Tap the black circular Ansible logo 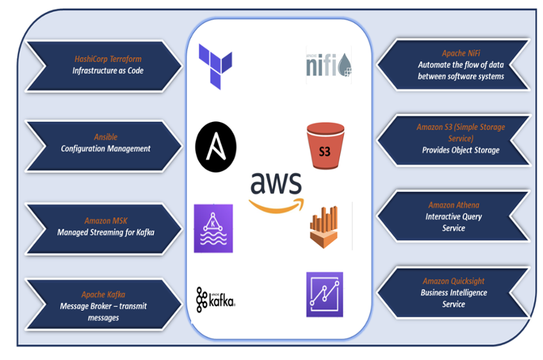(x=216, y=146)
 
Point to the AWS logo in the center (x=276, y=190)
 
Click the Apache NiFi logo (x=329, y=64)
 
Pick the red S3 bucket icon (x=325, y=146)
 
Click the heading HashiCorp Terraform (x=108, y=59)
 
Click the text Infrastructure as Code (x=108, y=71)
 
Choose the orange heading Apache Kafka (x=103, y=294)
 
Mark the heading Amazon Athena (x=454, y=205)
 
